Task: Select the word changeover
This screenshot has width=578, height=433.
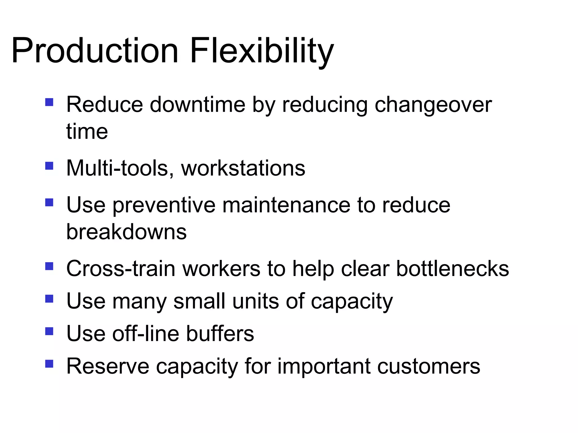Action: [433, 105]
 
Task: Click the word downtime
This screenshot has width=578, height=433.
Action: [197, 105]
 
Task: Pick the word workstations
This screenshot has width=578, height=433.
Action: [243, 168]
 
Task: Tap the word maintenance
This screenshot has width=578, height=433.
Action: [286, 205]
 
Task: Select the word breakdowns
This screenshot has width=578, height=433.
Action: [126, 232]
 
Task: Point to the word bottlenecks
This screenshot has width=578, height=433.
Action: [453, 268]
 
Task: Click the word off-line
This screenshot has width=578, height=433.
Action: [146, 333]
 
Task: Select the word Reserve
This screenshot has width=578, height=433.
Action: [108, 366]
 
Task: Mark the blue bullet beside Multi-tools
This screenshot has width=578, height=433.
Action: [49, 165]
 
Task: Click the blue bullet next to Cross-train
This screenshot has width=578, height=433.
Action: [49, 266]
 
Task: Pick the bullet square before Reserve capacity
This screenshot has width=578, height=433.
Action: [49, 364]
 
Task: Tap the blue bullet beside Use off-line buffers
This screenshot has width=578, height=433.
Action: [49, 331]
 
